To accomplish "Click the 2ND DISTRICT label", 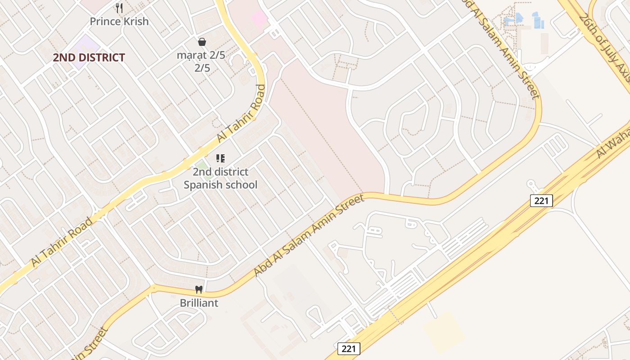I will [x=89, y=58].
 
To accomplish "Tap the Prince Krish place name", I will [x=119, y=21].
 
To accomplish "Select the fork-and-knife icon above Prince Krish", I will [x=119, y=8].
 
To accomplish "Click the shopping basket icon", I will [x=202, y=42].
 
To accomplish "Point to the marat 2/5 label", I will [x=201, y=55].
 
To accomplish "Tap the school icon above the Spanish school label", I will [x=220, y=158].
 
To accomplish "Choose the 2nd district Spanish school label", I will [x=220, y=178].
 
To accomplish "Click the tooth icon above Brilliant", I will [x=199, y=290].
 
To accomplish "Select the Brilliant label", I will [x=199, y=303].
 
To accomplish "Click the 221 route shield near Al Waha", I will [x=541, y=200].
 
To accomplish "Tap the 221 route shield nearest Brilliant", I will [x=349, y=348].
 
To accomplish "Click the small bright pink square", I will [x=260, y=18].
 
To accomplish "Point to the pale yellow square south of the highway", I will [x=444, y=332].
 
